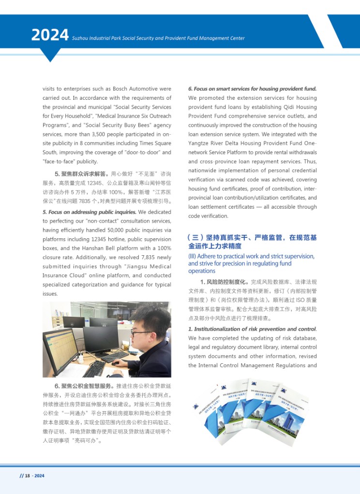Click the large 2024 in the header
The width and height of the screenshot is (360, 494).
(x=50, y=35)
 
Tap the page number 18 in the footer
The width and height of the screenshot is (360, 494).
(x=27, y=476)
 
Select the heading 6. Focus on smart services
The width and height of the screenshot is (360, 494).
(x=252, y=89)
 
